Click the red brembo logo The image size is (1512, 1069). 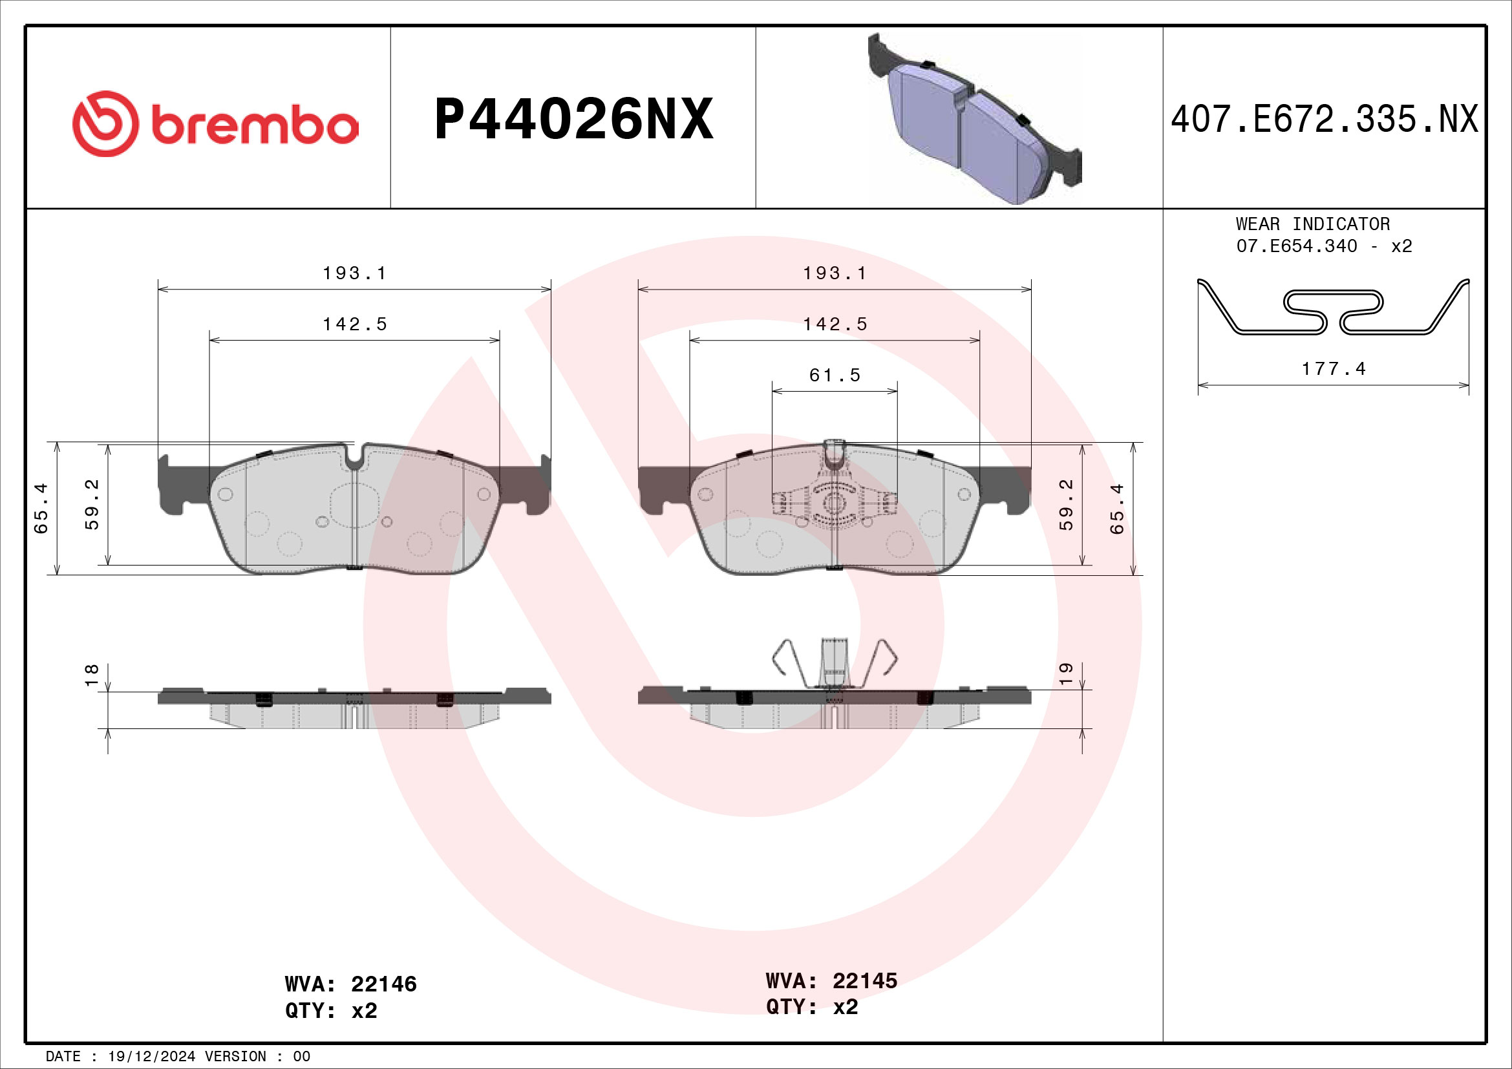coord(215,123)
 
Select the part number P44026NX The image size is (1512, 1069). coord(573,119)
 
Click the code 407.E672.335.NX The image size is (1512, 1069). coord(1324,120)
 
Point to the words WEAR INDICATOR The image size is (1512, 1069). coord(1312,224)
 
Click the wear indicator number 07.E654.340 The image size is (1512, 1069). coord(1296,246)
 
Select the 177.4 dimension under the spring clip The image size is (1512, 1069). coord(1334,369)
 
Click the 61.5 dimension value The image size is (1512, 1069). coord(835,376)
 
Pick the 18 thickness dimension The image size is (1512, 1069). coord(92,675)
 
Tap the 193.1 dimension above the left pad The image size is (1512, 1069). coord(354,273)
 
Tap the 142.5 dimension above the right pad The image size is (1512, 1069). coord(835,324)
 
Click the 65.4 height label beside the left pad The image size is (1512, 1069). coord(41,508)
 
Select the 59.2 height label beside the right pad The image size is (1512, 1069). coord(1065,504)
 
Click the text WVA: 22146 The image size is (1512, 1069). coord(350,984)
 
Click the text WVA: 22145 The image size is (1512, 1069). coord(831,981)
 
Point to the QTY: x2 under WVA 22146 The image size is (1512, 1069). coord(330,1010)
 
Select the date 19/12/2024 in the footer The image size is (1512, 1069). coord(151,1057)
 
